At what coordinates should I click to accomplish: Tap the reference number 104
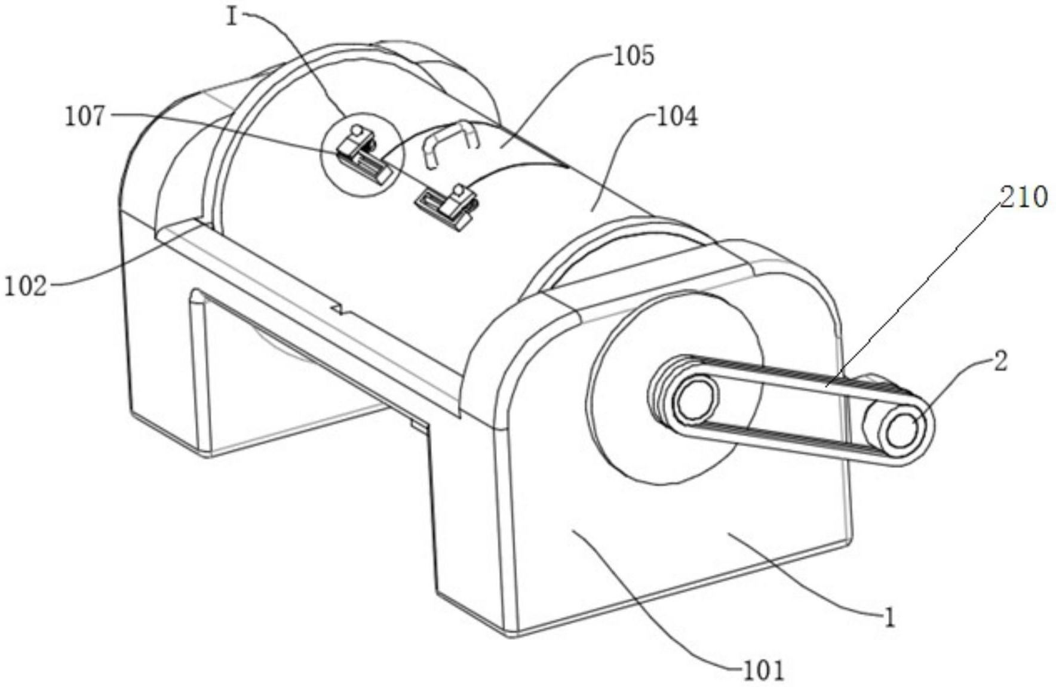[x=677, y=116]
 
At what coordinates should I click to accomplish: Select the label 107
[x=85, y=116]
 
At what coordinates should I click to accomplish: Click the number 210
[x=1024, y=197]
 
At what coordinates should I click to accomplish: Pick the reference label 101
[x=763, y=671]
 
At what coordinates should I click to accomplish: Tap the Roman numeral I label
[x=232, y=17]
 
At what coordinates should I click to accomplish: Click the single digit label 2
[x=1000, y=362]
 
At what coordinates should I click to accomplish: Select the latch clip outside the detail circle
[x=447, y=205]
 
